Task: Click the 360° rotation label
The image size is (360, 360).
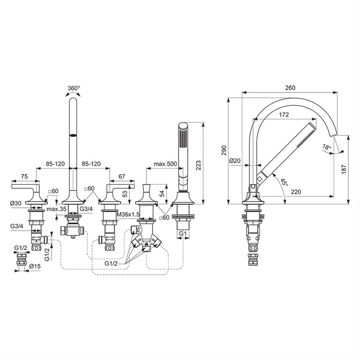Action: click(x=74, y=88)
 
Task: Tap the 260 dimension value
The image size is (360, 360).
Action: click(x=290, y=88)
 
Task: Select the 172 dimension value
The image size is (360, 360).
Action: click(x=284, y=115)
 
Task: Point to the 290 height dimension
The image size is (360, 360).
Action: click(x=224, y=151)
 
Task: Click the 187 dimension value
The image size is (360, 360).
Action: click(x=344, y=169)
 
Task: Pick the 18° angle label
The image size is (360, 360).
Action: click(x=327, y=147)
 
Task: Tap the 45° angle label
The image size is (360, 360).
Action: click(x=284, y=183)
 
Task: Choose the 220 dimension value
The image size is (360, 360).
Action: click(x=296, y=191)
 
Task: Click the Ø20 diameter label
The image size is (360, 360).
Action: click(x=235, y=160)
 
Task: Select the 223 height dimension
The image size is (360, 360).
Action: click(x=199, y=165)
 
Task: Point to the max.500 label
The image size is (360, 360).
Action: click(x=165, y=164)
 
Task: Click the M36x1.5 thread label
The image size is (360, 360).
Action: click(x=128, y=214)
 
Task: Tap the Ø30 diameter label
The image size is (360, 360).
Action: click(x=16, y=203)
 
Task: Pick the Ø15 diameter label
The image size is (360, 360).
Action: click(x=35, y=266)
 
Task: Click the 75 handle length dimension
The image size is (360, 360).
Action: click(x=24, y=176)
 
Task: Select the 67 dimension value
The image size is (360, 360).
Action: click(x=122, y=176)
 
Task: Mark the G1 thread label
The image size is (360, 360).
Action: click(x=183, y=234)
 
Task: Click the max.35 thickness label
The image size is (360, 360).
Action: click(x=56, y=209)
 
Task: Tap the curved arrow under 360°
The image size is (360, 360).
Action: click(x=73, y=93)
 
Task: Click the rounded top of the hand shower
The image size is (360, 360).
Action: click(x=183, y=126)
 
